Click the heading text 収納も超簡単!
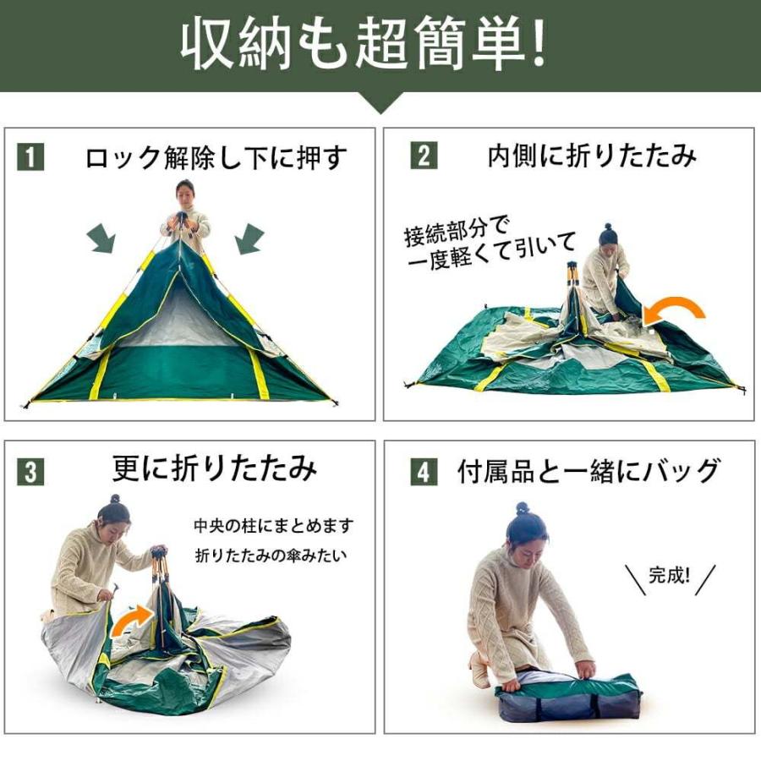click(x=364, y=44)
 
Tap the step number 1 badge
click(x=30, y=156)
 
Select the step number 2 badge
click(x=424, y=156)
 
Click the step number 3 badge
click(x=30, y=472)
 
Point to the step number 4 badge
click(x=424, y=472)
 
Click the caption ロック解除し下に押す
click(x=216, y=158)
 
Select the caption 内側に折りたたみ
click(x=592, y=156)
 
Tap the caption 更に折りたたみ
click(x=214, y=468)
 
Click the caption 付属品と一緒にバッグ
click(x=589, y=471)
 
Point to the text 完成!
click(x=670, y=576)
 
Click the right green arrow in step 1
click(x=249, y=238)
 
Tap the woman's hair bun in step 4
click(x=522, y=508)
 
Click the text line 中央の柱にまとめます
click(x=274, y=526)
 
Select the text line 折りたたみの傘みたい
click(x=271, y=555)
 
